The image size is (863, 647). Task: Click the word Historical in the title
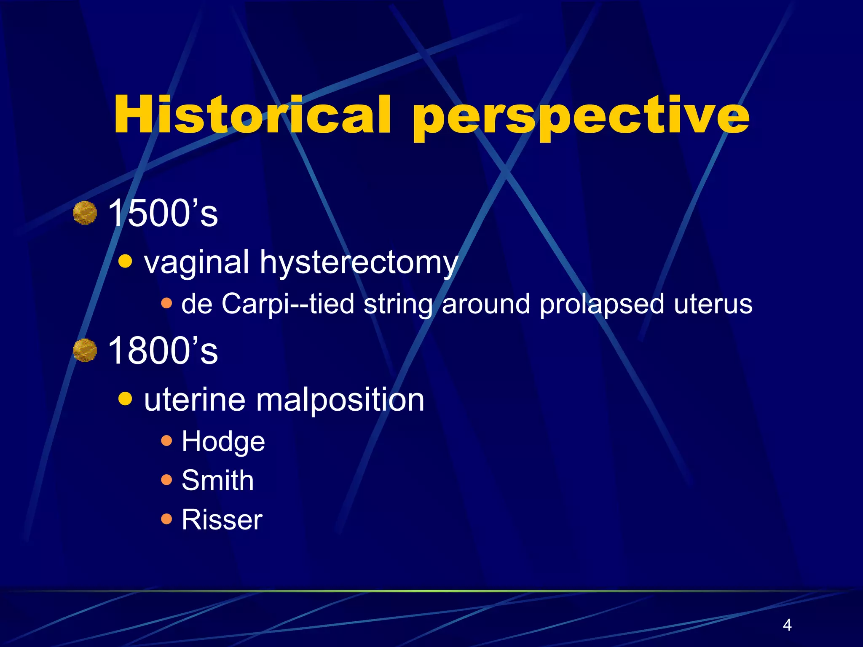[x=252, y=115]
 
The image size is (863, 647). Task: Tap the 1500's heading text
[x=163, y=213]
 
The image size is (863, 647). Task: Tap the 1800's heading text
[x=163, y=350]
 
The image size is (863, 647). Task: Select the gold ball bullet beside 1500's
[x=85, y=213]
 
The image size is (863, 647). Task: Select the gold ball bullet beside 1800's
[x=85, y=350]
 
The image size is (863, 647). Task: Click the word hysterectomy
[x=359, y=263]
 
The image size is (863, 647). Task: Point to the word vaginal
[x=196, y=263]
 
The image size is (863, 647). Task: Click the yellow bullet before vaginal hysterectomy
[x=125, y=261]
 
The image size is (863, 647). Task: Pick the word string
[x=398, y=305]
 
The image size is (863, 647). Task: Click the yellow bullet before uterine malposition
[x=125, y=398]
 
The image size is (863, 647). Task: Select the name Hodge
[x=223, y=442]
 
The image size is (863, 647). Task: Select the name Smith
[x=217, y=480]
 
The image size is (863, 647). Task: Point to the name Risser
[x=222, y=519]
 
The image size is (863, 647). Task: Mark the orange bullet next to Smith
[x=166, y=480]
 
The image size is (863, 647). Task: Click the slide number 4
[x=787, y=625]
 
